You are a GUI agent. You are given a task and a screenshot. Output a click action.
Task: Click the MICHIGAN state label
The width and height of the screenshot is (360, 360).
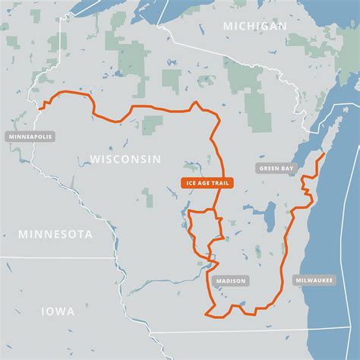(x=255, y=26)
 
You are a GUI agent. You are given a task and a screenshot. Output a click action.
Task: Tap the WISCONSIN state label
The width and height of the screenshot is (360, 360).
(x=125, y=159)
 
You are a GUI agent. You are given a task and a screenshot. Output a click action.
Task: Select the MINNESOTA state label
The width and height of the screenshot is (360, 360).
(x=55, y=234)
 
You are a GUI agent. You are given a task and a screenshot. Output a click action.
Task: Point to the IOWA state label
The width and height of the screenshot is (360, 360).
(x=58, y=311)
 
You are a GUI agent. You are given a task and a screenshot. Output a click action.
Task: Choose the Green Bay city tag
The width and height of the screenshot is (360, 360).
(x=276, y=169)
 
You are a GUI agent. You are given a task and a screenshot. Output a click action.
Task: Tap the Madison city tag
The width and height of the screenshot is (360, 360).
(x=231, y=280)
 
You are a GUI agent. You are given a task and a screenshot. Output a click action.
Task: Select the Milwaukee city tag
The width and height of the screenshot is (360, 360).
(x=314, y=280)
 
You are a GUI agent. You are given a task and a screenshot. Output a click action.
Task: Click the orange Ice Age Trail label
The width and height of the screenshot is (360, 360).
(x=207, y=183)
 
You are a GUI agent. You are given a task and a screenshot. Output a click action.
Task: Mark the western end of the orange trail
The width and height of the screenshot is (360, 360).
(x=39, y=109)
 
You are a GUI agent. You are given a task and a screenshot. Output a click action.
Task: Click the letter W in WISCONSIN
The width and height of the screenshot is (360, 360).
(x=95, y=159)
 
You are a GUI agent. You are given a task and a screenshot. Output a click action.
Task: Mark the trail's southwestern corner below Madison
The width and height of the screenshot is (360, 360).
(x=207, y=311)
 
